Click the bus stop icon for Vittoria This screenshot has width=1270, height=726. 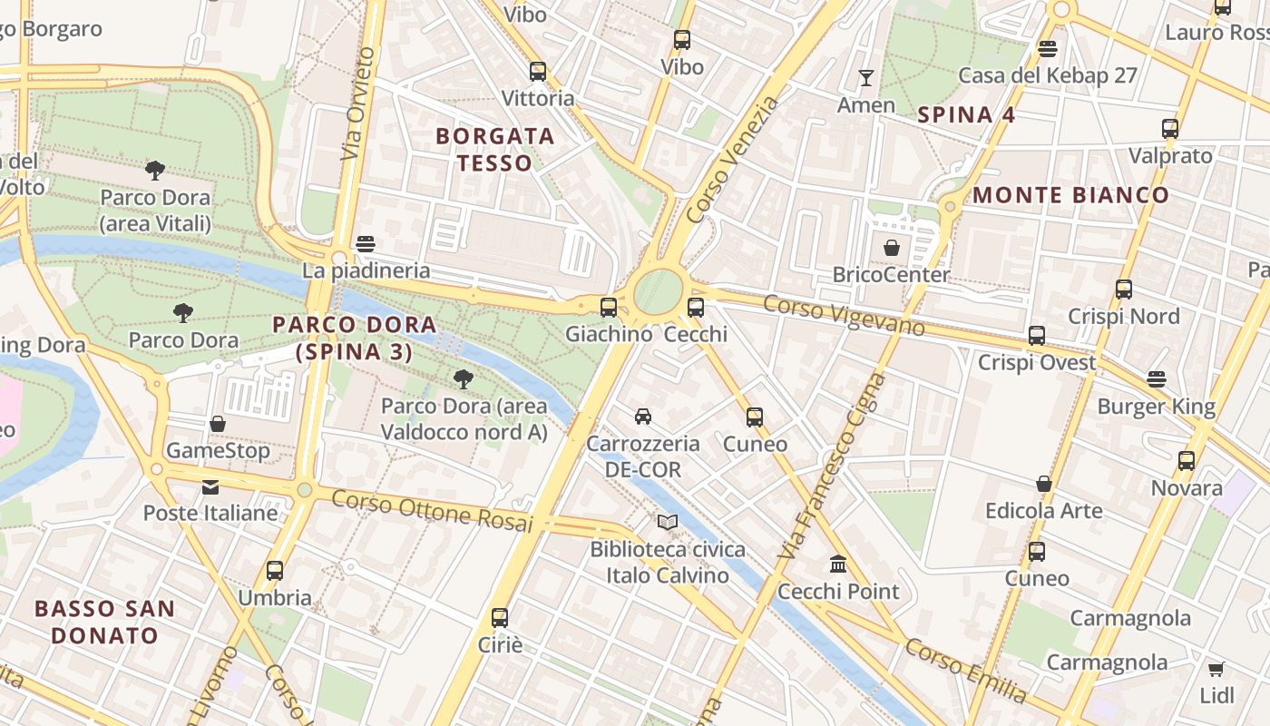coord(538,72)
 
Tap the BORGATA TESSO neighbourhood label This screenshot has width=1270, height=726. coord(494,150)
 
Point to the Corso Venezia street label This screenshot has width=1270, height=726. coord(733,160)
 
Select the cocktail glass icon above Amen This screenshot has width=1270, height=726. coord(866,78)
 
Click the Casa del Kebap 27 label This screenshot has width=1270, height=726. coord(1048,75)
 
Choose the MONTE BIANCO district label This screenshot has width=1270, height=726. coord(1070,195)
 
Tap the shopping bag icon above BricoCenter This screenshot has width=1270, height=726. coord(892,248)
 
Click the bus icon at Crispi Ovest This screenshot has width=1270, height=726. coord(1037,336)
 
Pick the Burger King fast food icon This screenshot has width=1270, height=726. coord(1157,379)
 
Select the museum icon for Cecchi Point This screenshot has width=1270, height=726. coord(838,564)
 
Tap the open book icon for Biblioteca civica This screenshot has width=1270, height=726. coord(668,523)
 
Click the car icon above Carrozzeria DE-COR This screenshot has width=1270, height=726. coord(643,417)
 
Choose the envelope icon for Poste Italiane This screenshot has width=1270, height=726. coord(210,487)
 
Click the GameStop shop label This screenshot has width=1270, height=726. coord(218,451)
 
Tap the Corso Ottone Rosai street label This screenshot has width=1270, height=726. coord(431,510)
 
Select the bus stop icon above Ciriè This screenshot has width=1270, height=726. coord(500,618)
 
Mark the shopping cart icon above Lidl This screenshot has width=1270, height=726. coord(1216,670)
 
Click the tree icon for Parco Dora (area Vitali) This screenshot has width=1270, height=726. coord(155,170)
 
